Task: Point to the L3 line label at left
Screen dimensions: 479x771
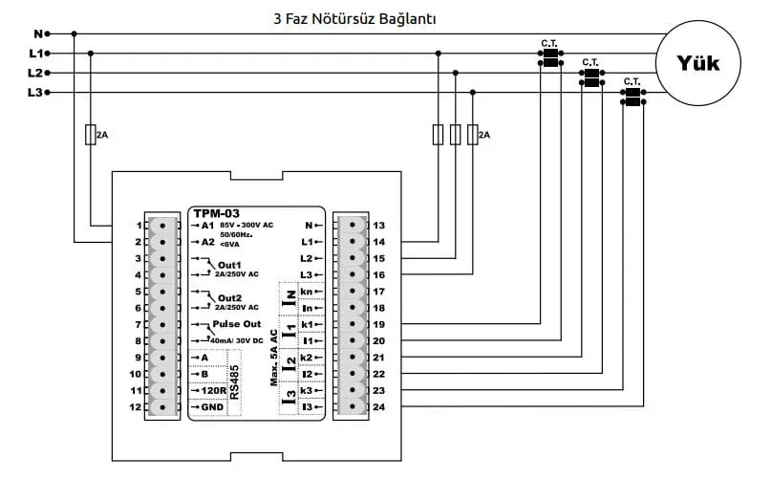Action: point(35,93)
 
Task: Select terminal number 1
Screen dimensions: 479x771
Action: point(139,226)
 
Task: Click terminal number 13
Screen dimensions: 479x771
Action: point(378,226)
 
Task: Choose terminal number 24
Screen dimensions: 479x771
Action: point(378,408)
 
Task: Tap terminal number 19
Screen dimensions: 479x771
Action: point(378,325)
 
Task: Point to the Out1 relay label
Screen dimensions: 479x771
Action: point(230,264)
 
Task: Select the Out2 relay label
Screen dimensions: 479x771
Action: point(230,297)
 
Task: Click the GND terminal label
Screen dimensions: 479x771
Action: point(212,407)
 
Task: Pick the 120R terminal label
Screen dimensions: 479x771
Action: point(212,390)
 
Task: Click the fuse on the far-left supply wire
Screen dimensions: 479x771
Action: point(90,135)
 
